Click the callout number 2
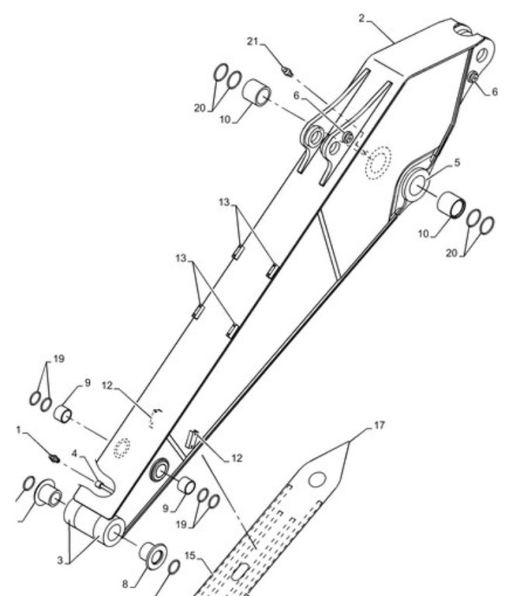(361, 18)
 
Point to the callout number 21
(253, 41)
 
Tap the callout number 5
(457, 162)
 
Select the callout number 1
(19, 430)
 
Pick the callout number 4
(74, 453)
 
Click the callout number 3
(61, 560)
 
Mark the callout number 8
(126, 584)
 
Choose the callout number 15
(190, 556)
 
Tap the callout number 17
(379, 425)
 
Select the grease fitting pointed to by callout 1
(54, 459)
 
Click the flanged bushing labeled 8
(154, 556)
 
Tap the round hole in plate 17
(317, 480)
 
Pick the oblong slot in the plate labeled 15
(240, 573)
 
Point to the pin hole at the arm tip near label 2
(482, 55)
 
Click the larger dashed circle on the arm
(378, 163)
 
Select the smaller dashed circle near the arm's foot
(122, 449)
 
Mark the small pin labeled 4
(99, 484)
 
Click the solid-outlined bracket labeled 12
(192, 439)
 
